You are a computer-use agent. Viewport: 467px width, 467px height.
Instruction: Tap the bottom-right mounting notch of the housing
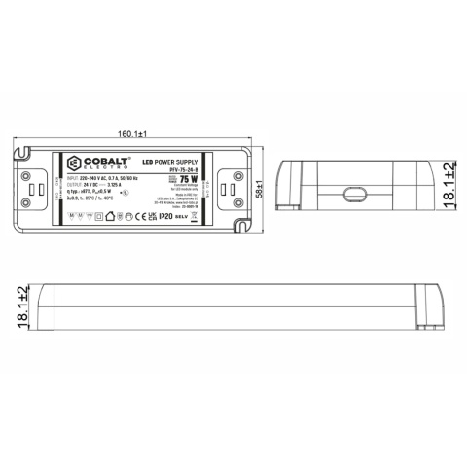coord(245,230)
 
